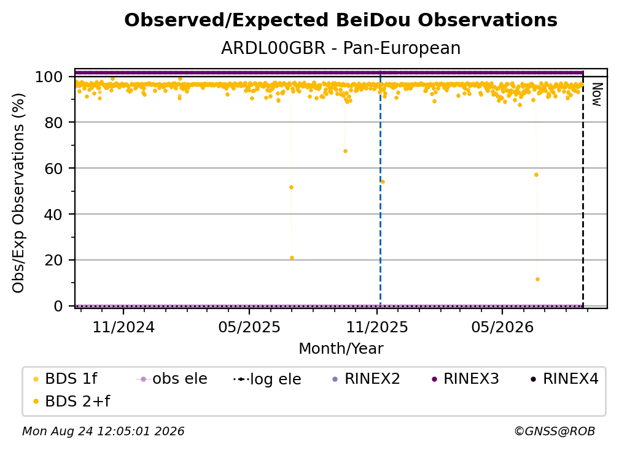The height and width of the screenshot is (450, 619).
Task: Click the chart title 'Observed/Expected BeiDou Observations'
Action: (x=341, y=20)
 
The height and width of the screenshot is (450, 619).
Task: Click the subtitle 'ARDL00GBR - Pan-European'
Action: (x=341, y=48)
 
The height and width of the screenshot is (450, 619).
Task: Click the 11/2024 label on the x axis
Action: (x=123, y=327)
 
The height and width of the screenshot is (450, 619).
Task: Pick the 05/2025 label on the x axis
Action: (x=249, y=327)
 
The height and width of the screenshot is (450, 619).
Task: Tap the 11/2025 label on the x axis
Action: (x=377, y=327)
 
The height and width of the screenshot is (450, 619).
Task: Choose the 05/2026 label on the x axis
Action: (x=502, y=327)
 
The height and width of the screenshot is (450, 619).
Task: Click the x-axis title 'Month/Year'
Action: (x=341, y=349)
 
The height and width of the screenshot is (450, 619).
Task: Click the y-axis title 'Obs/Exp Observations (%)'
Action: (x=18, y=193)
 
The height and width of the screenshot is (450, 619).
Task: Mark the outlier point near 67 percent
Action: (x=345, y=151)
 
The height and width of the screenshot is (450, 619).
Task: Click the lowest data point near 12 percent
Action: (x=537, y=280)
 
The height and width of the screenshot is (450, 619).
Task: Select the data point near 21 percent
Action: (x=292, y=258)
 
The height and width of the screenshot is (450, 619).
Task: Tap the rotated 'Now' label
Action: (x=596, y=94)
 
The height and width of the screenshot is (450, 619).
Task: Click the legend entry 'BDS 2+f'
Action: (x=72, y=401)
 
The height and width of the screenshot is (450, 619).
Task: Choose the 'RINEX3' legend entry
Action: (x=466, y=379)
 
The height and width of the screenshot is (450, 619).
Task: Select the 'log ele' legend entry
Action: (x=267, y=379)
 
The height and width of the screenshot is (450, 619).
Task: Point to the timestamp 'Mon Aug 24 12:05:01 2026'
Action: (x=103, y=432)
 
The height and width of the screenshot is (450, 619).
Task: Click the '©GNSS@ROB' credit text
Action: (x=555, y=432)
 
